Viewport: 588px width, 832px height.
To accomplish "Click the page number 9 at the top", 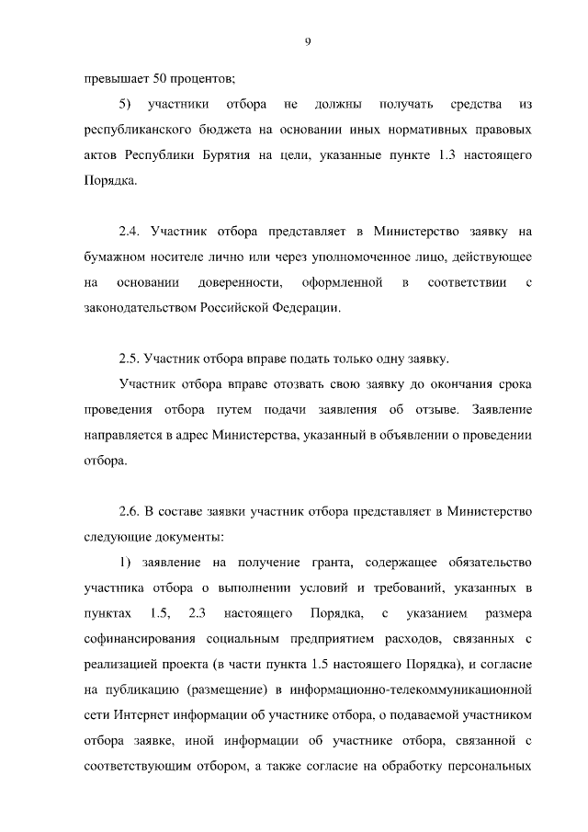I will (x=308, y=40).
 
